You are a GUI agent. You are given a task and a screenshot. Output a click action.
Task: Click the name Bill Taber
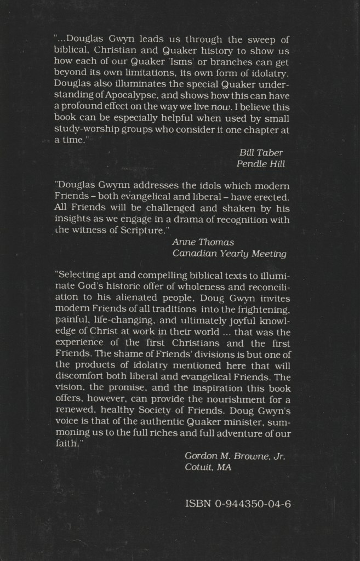click(261, 152)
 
